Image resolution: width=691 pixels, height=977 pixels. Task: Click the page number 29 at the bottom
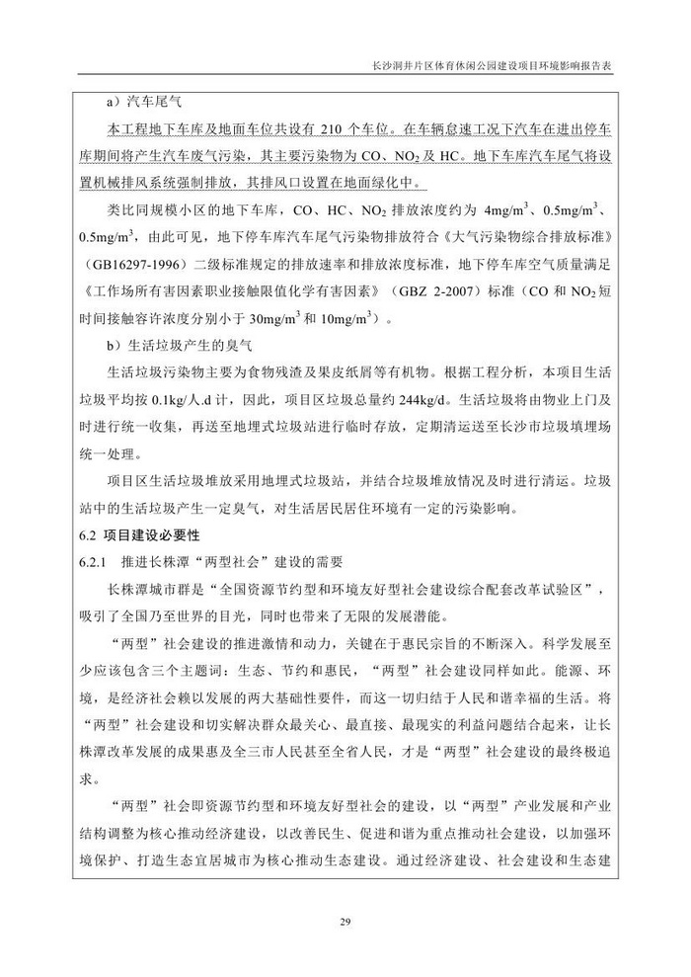pyautogui.click(x=345, y=923)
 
